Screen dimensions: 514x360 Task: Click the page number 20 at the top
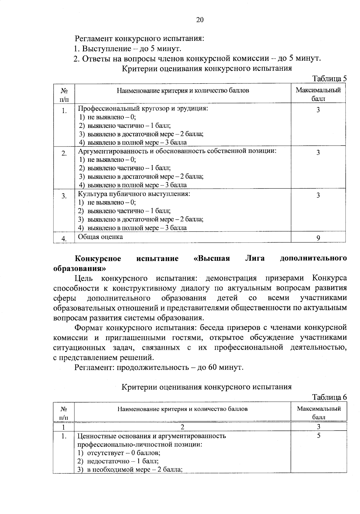coord(200,20)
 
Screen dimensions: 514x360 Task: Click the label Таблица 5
coord(329,79)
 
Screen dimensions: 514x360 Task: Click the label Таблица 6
coord(329,397)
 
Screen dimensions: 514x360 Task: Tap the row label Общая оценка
coord(100,237)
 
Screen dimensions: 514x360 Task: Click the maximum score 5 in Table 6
coord(318,436)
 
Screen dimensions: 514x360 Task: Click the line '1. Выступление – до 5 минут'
coord(127,49)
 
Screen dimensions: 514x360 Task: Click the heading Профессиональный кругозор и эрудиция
coord(143,108)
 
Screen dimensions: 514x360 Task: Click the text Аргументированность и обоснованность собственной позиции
coord(177,151)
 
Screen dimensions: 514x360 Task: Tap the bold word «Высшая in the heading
coord(211,259)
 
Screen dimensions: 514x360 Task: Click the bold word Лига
coord(255,259)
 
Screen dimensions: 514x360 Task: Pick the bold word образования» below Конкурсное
coord(79,268)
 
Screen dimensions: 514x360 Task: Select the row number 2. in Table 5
coord(64,154)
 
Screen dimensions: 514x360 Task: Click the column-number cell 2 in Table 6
coord(182,426)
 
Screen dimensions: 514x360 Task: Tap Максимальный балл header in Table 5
coord(318,94)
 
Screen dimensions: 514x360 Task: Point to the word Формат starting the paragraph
coord(89,327)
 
